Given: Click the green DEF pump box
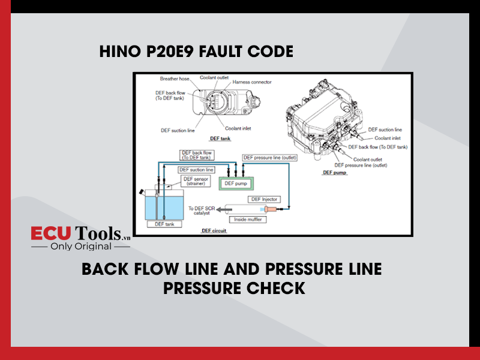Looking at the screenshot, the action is point(236,184).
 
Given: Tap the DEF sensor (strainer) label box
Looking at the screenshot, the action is point(196,181).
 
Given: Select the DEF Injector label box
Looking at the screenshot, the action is point(264,199).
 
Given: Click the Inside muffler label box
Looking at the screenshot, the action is point(248,220).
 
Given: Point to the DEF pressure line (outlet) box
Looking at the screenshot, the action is point(269,158).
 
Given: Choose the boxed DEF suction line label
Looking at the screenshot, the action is point(196,170).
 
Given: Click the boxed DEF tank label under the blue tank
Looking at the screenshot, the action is point(164,224).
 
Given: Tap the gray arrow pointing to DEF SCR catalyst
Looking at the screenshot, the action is point(224,209).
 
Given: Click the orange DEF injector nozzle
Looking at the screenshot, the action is point(271,209).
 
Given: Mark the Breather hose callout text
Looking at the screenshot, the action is point(175,79).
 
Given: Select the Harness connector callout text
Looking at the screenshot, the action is point(252,82).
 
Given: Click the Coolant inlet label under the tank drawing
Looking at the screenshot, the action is point(238,128).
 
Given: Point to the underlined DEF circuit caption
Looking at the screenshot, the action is point(214,231).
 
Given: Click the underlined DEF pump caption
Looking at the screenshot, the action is point(335,173).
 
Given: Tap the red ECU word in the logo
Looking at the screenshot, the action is point(51,233).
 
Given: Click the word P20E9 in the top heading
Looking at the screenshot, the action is point(170,51).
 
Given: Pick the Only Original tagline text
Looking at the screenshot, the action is point(81,247).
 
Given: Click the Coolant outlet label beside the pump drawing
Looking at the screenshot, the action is point(368,160).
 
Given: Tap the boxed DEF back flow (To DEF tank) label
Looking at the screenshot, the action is point(197,155).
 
